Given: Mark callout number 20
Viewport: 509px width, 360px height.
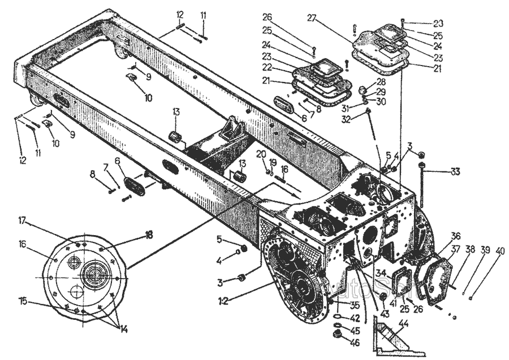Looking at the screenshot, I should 261,154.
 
